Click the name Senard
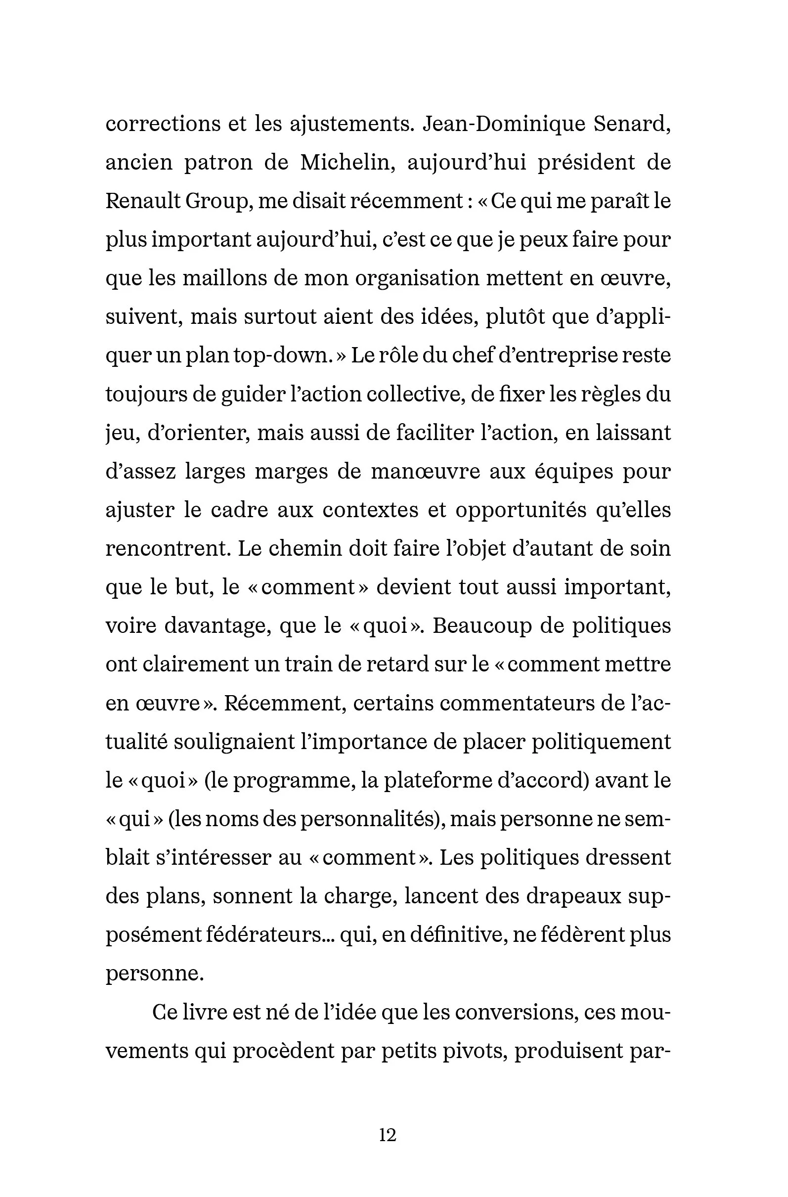tap(632, 124)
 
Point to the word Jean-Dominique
tap(504, 124)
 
